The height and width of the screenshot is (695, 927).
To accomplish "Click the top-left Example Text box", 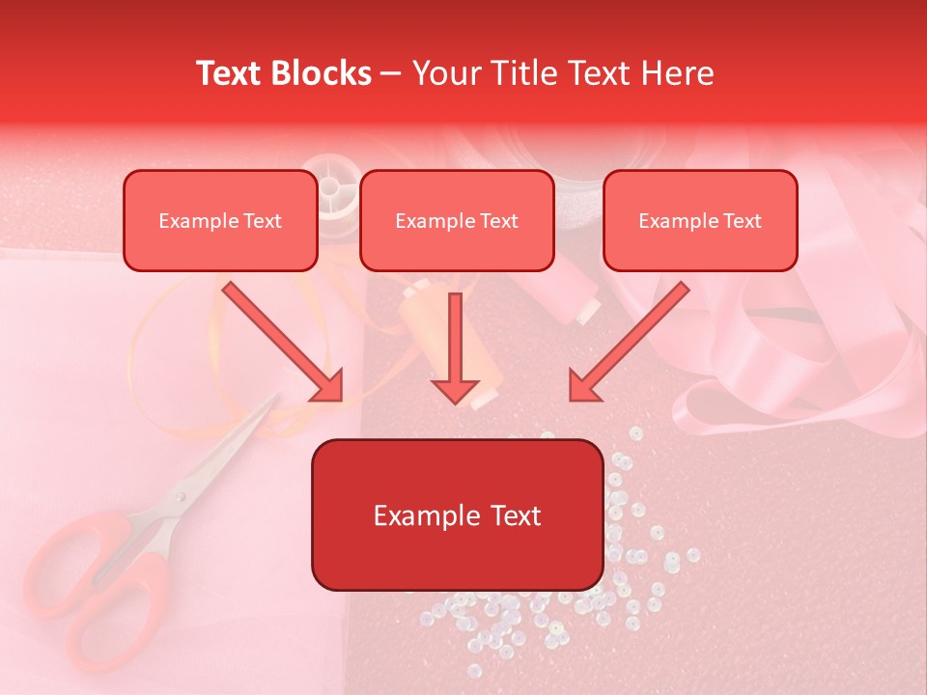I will click(220, 221).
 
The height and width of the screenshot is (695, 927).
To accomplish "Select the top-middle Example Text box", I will click(457, 221).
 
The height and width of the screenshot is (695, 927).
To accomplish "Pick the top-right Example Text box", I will click(700, 221).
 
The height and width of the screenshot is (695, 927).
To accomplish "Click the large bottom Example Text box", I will click(457, 515).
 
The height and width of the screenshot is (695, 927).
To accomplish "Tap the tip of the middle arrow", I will click(455, 398).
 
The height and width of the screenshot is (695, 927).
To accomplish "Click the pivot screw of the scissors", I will click(178, 497).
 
